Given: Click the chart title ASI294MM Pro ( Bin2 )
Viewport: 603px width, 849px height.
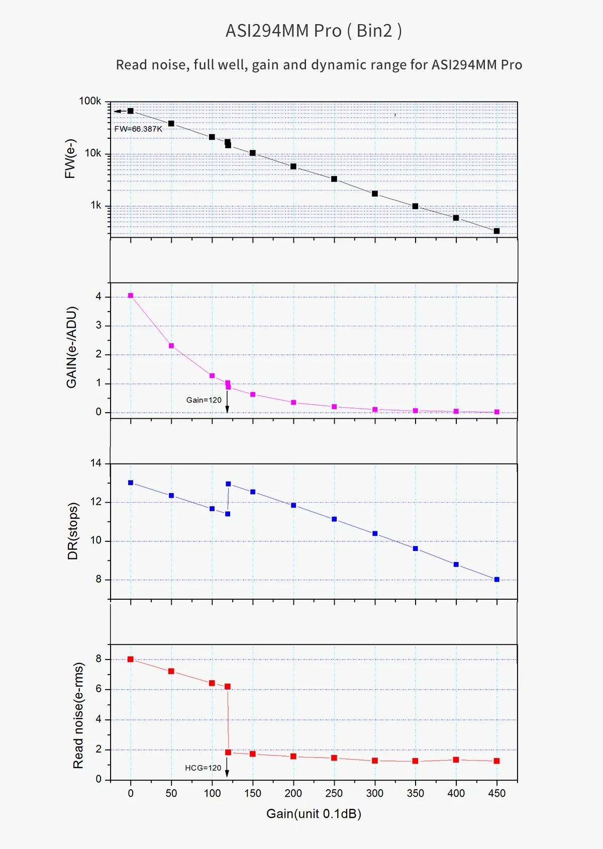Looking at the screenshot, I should [x=314, y=31].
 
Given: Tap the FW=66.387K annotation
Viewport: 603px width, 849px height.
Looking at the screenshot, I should [x=138, y=129].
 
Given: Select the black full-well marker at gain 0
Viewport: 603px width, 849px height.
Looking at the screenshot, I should [x=131, y=111].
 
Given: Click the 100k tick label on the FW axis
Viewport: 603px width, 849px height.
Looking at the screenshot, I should [x=90, y=101].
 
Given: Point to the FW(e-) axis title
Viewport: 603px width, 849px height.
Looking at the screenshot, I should [x=70, y=159].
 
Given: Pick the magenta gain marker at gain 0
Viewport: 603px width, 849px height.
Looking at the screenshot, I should [x=131, y=296].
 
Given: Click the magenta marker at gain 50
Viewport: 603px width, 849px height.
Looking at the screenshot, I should [x=171, y=346].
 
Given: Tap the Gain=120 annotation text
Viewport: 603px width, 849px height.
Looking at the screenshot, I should [x=204, y=400].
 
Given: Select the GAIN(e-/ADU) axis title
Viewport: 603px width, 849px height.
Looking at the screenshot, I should [x=72, y=347].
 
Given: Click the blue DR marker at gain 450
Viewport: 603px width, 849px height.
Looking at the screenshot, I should [x=497, y=580].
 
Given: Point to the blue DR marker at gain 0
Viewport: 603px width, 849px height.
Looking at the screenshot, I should [x=131, y=483].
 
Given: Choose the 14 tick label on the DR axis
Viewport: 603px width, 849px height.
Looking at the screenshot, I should [x=96, y=463].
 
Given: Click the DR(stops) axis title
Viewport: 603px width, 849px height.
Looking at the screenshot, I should [x=73, y=531].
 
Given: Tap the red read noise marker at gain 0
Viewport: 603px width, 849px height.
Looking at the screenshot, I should [x=131, y=659].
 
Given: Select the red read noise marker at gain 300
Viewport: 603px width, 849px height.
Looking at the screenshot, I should [x=375, y=761].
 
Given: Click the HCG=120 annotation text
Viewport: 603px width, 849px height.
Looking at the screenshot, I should [x=203, y=768].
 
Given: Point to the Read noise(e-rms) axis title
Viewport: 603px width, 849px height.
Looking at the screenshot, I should [x=78, y=715].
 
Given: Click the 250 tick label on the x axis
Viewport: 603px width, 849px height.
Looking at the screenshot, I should [x=334, y=793].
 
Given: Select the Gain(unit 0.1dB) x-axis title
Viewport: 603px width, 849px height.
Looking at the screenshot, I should [x=314, y=814].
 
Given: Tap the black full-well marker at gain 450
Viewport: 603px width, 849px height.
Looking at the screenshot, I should [x=497, y=231].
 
